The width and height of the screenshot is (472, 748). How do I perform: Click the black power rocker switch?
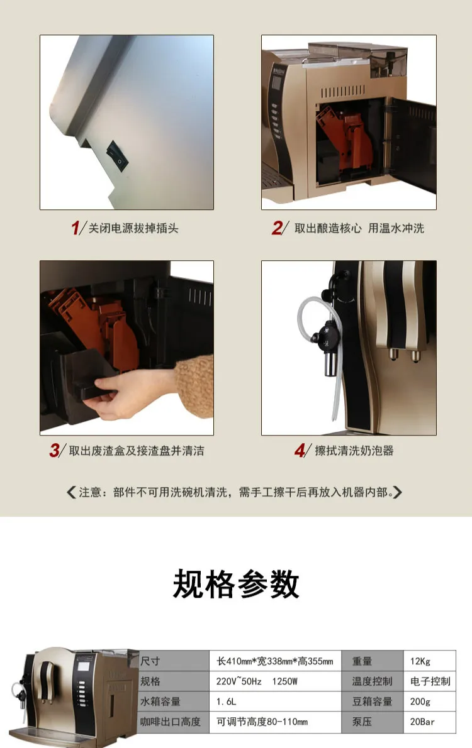(x=118, y=156)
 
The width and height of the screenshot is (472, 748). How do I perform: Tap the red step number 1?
(x=75, y=228)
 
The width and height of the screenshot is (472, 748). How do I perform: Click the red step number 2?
(x=277, y=228)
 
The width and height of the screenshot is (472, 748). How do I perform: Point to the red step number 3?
(x=55, y=450)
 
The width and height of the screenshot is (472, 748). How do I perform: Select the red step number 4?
(x=300, y=450)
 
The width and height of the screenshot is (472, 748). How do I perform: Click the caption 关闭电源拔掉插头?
(x=133, y=229)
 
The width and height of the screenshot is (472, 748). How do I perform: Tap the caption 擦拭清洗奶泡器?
(x=354, y=451)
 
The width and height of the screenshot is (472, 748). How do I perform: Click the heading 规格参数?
(x=236, y=583)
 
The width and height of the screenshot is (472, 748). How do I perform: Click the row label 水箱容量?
(x=160, y=701)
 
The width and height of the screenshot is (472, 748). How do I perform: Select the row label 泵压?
(x=362, y=722)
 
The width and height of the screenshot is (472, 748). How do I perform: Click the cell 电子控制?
(x=430, y=681)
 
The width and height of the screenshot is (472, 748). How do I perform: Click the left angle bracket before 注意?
(x=71, y=492)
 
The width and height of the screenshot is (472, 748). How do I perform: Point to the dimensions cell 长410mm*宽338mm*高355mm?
(x=275, y=661)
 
